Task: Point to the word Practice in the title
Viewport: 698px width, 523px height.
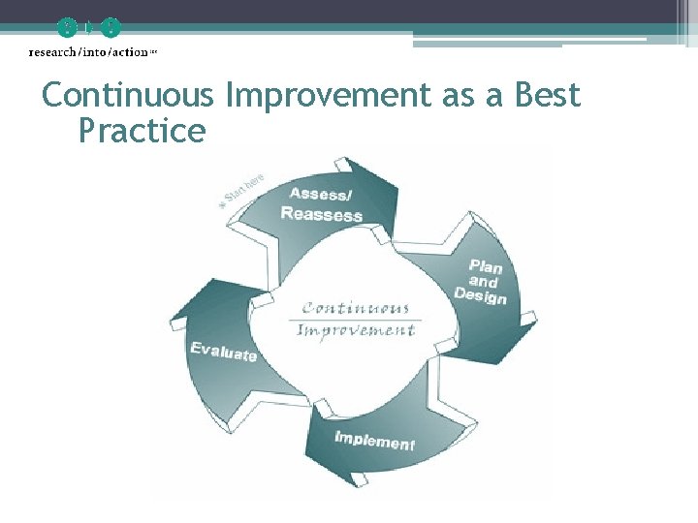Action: (142, 131)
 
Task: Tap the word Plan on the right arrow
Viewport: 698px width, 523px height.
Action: (485, 265)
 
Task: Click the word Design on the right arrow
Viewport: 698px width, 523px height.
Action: (480, 294)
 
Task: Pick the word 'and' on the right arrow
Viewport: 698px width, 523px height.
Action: (483, 280)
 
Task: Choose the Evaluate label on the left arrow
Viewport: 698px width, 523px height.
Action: (224, 352)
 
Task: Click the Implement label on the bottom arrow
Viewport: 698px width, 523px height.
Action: (374, 441)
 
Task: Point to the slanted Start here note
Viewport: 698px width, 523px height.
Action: (241, 191)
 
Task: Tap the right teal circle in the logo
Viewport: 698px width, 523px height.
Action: (111, 27)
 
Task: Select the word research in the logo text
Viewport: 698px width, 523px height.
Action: (54, 51)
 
